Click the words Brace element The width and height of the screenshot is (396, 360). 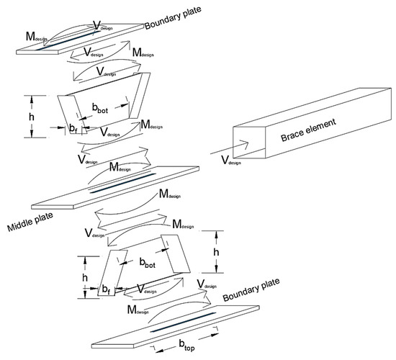pos(308,130)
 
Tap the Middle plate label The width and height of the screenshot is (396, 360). pos(30,222)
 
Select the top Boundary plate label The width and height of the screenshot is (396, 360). pos(173,18)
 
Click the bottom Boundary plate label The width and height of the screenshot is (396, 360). pos(251,289)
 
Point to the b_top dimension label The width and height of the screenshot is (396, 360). pos(187,345)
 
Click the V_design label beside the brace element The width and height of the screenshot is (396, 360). pos(231,161)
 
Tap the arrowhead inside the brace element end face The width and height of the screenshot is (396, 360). pos(245,143)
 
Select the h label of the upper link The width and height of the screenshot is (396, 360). pos(31,117)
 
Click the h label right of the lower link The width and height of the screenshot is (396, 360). pos(216,252)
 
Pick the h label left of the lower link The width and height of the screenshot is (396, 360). pos(85,278)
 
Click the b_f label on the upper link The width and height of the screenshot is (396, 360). pos(73,129)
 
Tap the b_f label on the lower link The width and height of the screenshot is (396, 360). pos(106,289)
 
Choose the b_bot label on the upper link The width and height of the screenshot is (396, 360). pos(100,108)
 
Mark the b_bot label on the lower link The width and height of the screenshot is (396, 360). pos(148,263)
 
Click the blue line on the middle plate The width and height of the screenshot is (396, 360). pos(123,183)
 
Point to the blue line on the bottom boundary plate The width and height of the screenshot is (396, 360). pos(183,322)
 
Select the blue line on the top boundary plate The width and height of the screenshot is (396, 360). pos(68,40)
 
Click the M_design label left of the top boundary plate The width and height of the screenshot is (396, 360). pos(37,37)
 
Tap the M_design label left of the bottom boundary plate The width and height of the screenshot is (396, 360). pos(138,310)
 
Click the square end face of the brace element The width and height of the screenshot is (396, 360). pos(249,143)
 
